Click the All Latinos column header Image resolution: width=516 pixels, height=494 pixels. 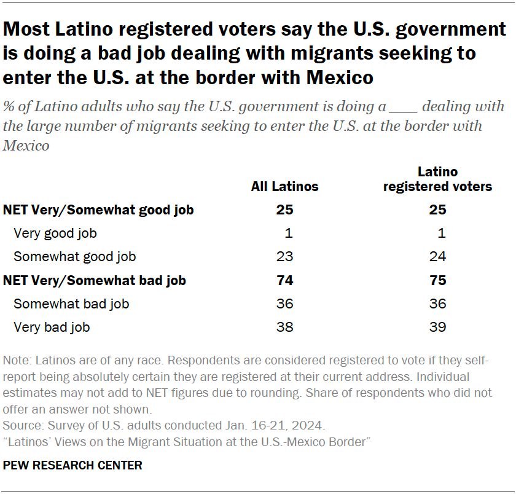(284, 186)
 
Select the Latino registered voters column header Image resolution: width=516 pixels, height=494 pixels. (437, 179)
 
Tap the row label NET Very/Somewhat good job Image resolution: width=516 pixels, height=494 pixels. (98, 210)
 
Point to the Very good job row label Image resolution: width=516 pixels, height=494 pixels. (55, 233)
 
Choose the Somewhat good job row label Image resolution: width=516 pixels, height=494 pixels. (75, 257)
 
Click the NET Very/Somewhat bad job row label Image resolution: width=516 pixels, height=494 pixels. (95, 281)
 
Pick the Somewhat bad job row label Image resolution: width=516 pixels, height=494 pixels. (71, 304)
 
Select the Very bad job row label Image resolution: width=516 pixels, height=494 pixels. (52, 327)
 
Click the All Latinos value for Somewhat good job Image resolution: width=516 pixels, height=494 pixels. (284, 257)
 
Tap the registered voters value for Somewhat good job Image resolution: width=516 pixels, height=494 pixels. (437, 257)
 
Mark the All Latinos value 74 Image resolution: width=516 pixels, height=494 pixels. (284, 281)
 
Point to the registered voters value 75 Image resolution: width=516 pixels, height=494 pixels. (437, 281)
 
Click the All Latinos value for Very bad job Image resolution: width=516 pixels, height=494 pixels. (284, 327)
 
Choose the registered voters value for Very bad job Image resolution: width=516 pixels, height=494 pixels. (437, 327)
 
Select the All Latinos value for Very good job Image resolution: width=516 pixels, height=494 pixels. (289, 233)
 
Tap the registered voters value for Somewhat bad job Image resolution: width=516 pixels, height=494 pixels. (437, 304)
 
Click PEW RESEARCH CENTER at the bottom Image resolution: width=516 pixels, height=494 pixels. (72, 465)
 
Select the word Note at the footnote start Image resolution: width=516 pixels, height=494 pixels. (15, 361)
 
